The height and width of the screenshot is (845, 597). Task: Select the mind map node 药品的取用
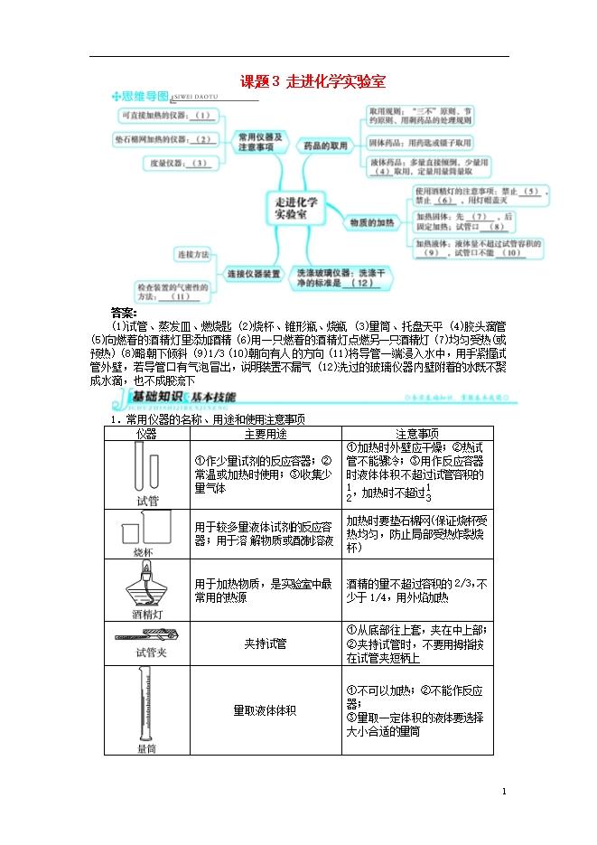point(325,145)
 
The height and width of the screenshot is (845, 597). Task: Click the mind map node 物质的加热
point(371,221)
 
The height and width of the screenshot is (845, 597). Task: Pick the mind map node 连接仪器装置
point(254,274)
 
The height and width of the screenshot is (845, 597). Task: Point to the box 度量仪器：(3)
point(177,163)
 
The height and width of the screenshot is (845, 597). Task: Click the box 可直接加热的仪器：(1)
point(166,115)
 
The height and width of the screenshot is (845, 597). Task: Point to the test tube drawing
point(146,469)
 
